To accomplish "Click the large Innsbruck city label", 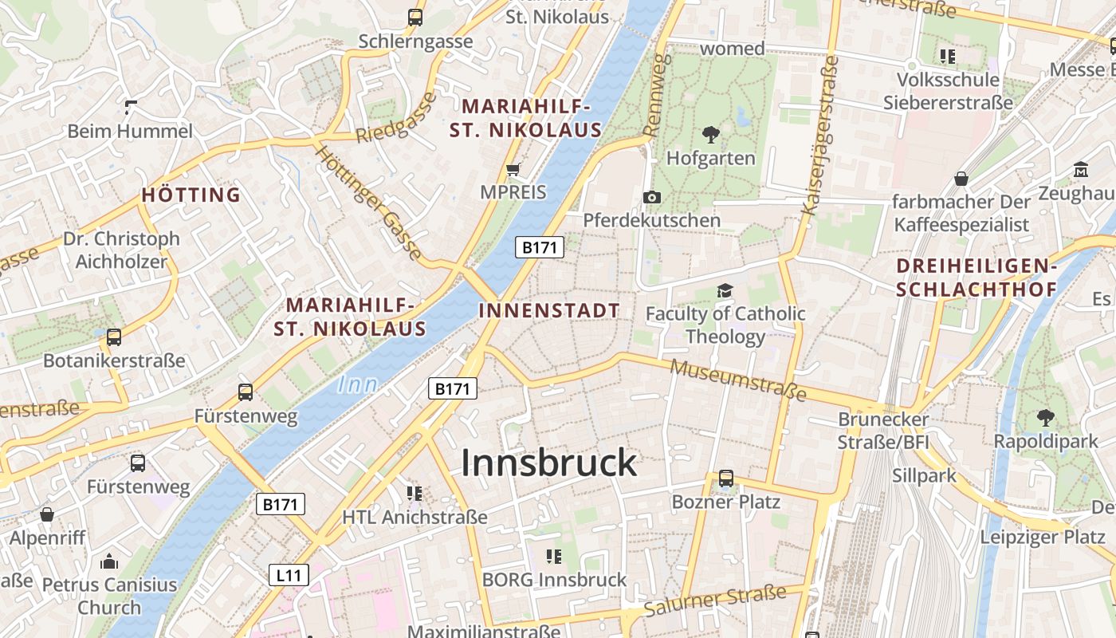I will [549, 463].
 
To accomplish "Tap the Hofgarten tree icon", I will [710, 135].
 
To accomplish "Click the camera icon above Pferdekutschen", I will [651, 197].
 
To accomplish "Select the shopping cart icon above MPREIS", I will [513, 169].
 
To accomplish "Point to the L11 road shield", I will [288, 574].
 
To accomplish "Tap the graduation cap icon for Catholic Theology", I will [725, 290].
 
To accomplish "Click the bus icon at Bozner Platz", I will [725, 478].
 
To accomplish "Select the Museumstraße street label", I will [738, 380].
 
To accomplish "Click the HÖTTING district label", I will [191, 195].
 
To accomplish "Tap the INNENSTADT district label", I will [549, 311].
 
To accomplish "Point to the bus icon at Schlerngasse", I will [415, 17].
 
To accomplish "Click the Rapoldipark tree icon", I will [1045, 417].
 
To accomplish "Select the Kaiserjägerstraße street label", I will [820, 135].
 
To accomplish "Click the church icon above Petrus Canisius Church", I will [109, 561].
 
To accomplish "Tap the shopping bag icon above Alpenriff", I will [47, 514].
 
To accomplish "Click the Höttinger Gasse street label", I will [367, 203].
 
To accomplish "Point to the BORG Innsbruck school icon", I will [553, 556].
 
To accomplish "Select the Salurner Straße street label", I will [714, 600].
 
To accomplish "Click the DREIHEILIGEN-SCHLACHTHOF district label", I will [976, 278].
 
